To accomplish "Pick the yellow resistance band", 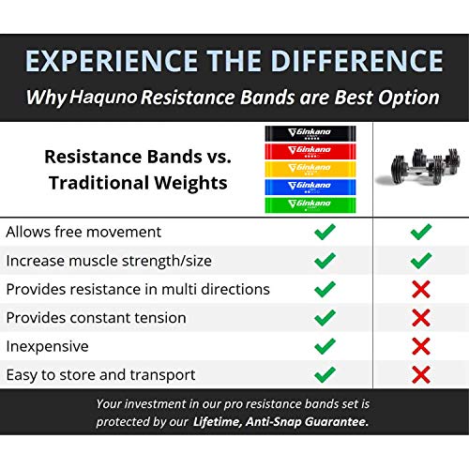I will click(325, 169).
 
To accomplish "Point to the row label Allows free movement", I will click(84, 232).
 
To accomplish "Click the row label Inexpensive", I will click(48, 346).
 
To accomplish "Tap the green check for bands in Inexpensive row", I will click(325, 346).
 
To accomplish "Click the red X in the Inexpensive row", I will click(421, 346).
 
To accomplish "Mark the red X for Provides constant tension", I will click(421, 318).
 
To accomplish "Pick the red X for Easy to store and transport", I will click(421, 375).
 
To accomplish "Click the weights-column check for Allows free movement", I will click(421, 232).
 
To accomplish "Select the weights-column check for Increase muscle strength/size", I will click(421, 260).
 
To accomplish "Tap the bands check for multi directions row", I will click(325, 289).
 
